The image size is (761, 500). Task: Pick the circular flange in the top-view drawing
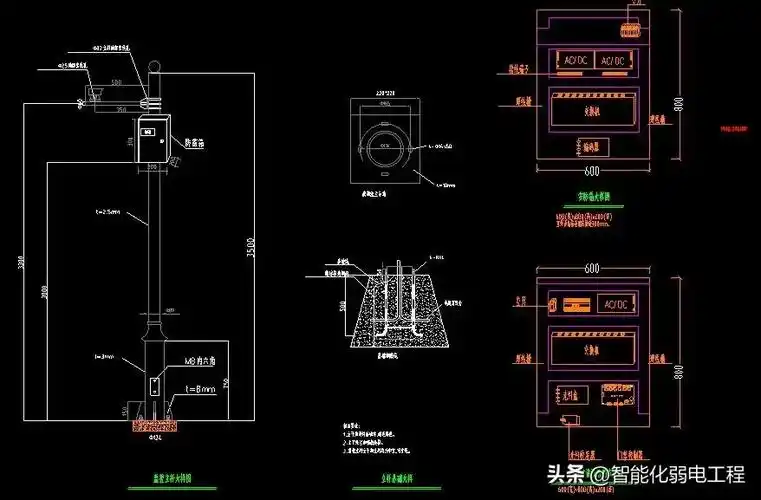coord(384,145)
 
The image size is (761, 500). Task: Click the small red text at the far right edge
coord(735,128)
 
